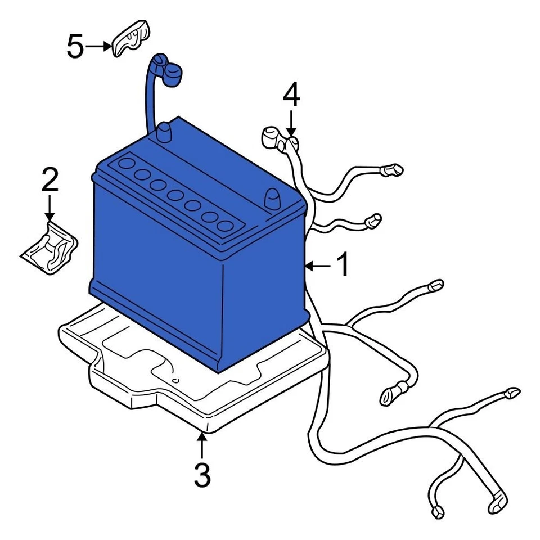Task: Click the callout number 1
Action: (342, 265)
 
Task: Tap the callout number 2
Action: (49, 181)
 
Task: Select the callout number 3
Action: (202, 476)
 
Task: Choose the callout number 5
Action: (75, 47)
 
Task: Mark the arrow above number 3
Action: (202, 445)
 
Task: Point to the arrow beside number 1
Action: (318, 265)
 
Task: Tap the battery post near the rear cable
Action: (164, 133)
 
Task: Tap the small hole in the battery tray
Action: (175, 381)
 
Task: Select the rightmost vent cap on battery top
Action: (225, 226)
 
